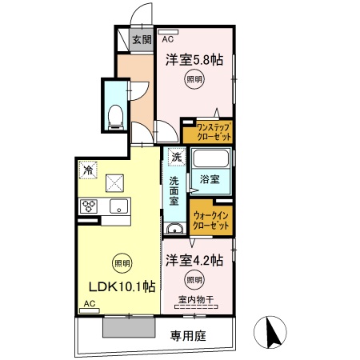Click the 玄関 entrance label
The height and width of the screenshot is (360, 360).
[x=141, y=41]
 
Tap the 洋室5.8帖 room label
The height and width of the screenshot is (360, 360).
[x=194, y=60]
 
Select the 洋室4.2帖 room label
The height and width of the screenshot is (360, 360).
[x=194, y=260]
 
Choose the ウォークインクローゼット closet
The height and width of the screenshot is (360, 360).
[x=212, y=221]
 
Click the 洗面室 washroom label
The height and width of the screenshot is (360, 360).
[x=174, y=190]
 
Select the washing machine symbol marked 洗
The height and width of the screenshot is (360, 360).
[x=175, y=158]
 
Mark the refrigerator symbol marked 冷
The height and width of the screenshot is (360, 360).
[x=87, y=170]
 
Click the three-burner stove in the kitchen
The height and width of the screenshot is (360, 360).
[x=89, y=207]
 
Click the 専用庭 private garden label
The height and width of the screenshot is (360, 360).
[x=188, y=336]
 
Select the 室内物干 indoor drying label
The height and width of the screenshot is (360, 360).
[x=195, y=300]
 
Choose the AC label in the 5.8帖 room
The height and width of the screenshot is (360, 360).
[x=168, y=38]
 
